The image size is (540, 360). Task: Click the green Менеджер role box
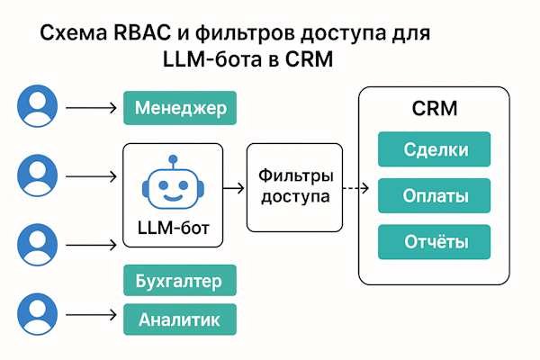click(180, 110)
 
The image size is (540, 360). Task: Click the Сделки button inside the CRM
click(434, 148)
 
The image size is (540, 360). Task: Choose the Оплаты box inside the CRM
click(434, 194)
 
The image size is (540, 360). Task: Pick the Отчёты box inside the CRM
click(434, 240)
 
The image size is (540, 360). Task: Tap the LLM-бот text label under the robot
click(170, 229)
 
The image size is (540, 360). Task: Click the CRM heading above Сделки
click(434, 110)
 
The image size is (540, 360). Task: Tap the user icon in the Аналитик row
click(36, 316)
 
